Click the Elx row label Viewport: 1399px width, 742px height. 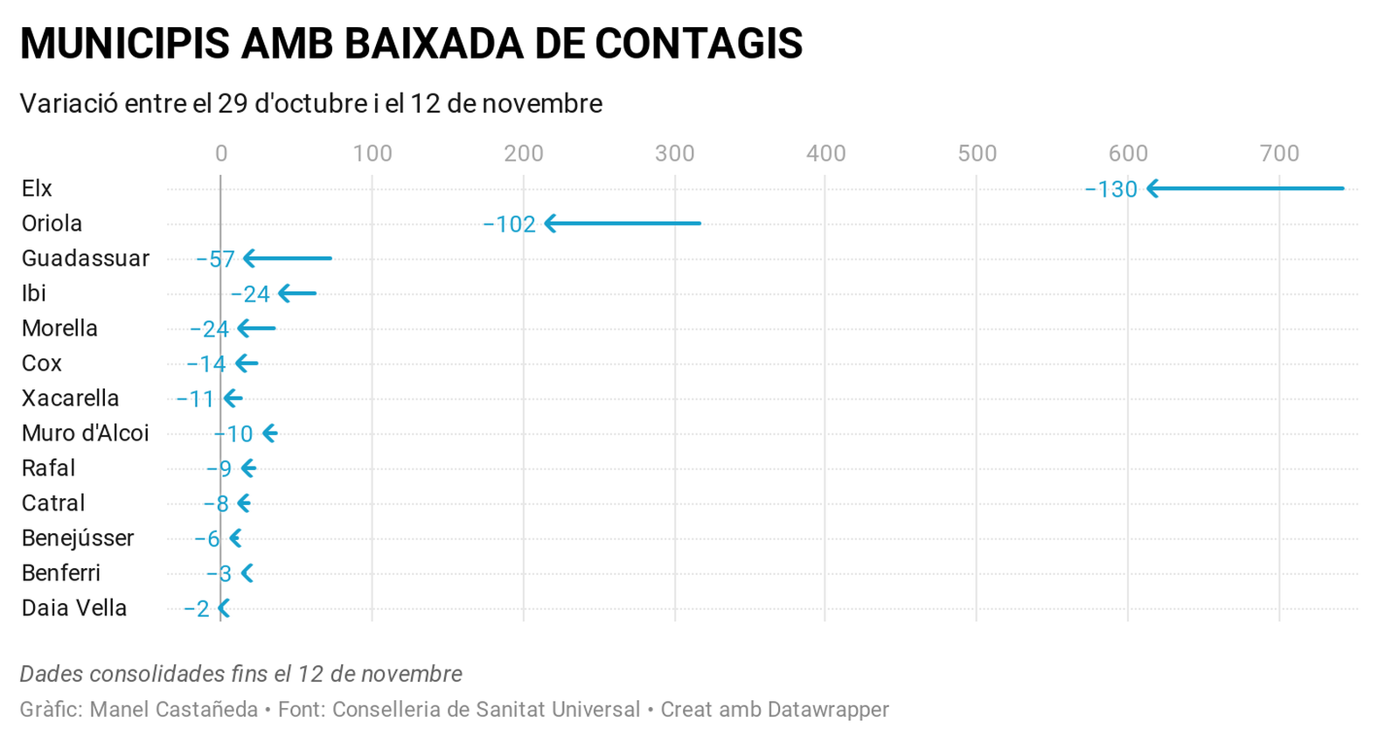pos(37,188)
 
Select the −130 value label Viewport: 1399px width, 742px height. pos(1110,190)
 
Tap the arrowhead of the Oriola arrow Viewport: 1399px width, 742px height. pos(551,224)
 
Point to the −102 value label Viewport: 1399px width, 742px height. pos(509,225)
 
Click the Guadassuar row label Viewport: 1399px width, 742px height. pos(86,258)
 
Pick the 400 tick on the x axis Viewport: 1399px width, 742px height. pos(825,154)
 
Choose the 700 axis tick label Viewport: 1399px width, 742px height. pos(1279,154)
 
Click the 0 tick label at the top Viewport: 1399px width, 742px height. pos(221,154)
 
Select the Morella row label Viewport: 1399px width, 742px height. pos(59,328)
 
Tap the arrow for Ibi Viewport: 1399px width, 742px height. pos(297,294)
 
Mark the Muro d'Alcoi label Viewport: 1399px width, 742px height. pos(86,433)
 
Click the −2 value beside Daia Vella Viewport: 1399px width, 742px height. pos(197,609)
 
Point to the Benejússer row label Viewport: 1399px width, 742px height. pos(78,537)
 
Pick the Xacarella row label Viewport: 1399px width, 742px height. pos(70,398)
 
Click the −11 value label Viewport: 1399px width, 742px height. pos(195,399)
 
